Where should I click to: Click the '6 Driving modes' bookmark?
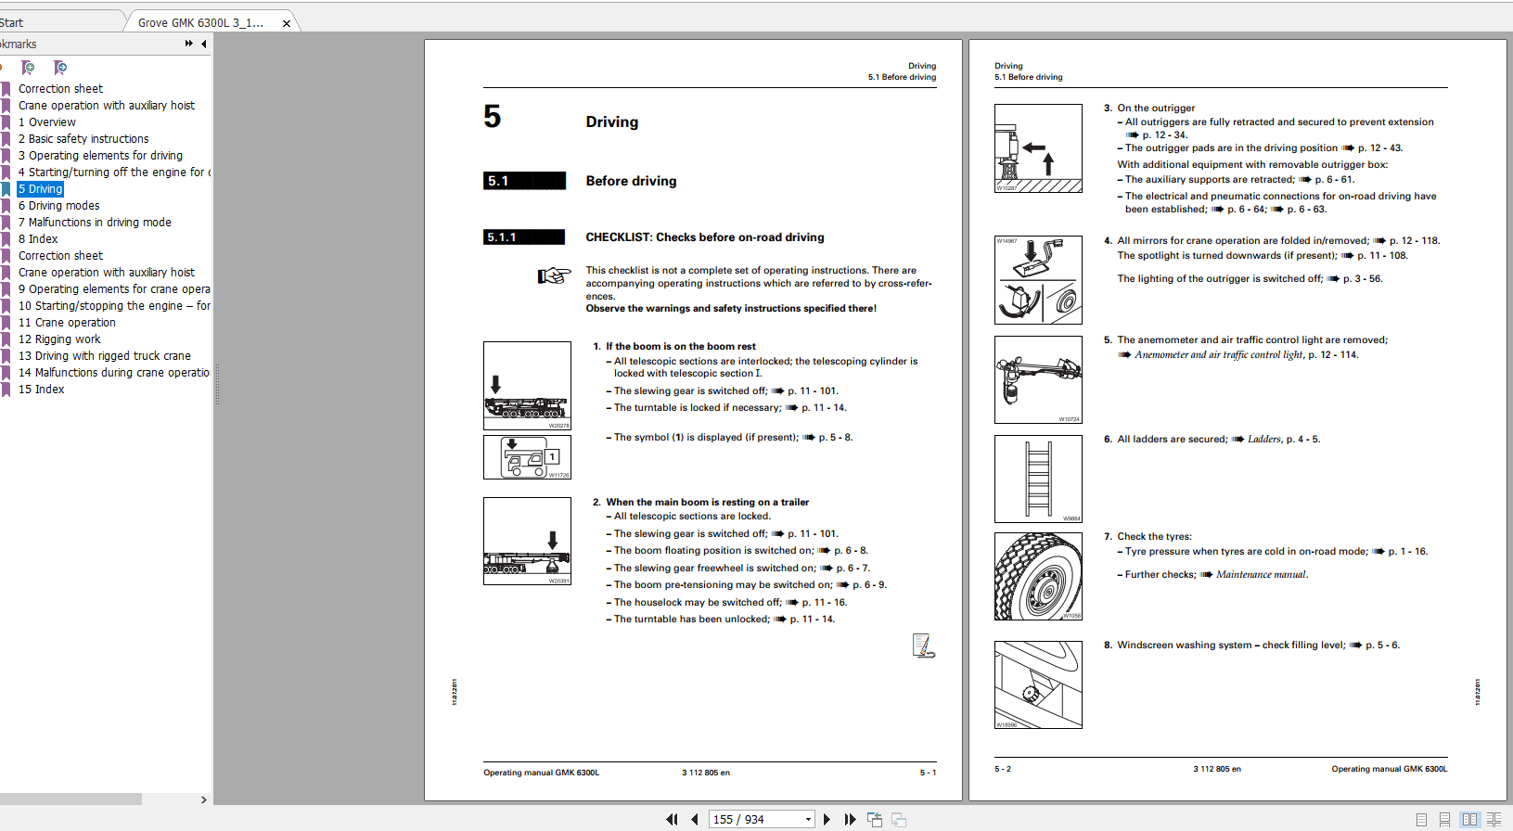58,206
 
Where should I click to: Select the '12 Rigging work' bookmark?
59,339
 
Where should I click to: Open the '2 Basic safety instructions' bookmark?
83,139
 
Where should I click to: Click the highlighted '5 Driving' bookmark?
41,189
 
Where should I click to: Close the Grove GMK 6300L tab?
287,23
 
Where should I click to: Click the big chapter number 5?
493,117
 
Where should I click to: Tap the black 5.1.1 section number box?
524,237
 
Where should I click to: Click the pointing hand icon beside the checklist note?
554,275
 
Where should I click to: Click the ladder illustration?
1038,479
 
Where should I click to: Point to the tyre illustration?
1038,576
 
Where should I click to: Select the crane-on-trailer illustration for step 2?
527,542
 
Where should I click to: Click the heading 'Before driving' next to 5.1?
631,181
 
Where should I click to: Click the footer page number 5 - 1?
928,773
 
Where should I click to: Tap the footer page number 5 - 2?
1003,769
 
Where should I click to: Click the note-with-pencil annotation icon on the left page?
922,646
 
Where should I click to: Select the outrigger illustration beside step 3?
1038,148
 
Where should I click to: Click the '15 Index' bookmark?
42,390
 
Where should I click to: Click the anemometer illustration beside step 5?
1038,379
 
